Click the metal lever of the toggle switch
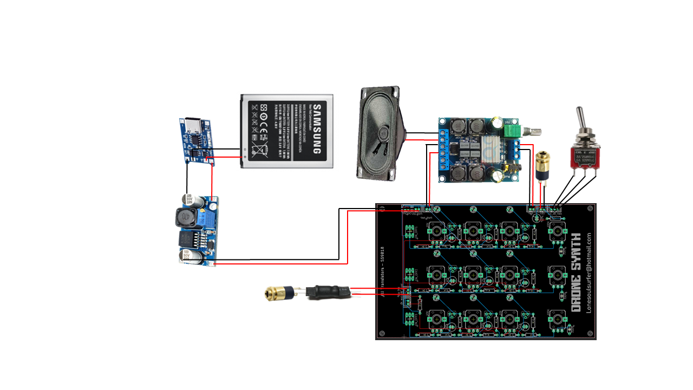(581, 120)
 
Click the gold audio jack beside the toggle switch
(541, 165)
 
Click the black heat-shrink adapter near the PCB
(326, 292)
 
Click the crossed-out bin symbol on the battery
(260, 148)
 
